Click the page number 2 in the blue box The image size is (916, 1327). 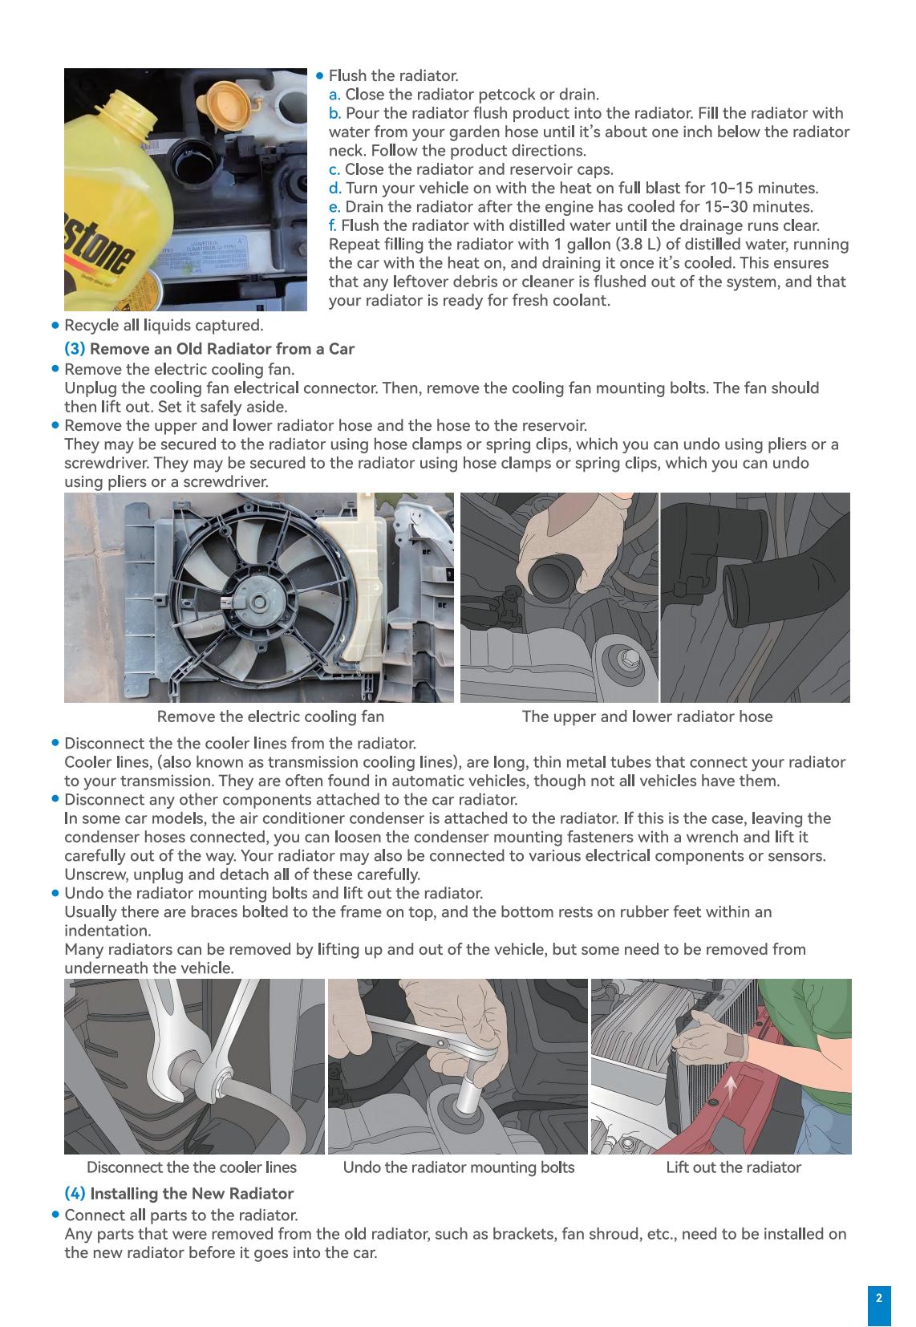(x=878, y=1297)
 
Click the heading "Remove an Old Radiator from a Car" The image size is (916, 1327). (x=221, y=349)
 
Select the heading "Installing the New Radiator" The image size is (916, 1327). (x=192, y=1194)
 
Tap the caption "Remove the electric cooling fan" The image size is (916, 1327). (x=270, y=716)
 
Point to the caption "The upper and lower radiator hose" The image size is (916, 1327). (x=646, y=716)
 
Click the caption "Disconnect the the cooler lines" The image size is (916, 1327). (x=191, y=1167)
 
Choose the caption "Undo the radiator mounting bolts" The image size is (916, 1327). (x=458, y=1167)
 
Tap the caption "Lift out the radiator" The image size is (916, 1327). (x=733, y=1167)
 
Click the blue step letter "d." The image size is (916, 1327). (x=335, y=189)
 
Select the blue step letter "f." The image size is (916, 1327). (x=333, y=225)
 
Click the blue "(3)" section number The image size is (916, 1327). (x=75, y=349)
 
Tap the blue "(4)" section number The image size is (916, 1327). (x=75, y=1194)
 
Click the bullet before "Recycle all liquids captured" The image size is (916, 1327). (x=55, y=326)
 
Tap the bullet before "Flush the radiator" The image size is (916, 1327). (x=320, y=76)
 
